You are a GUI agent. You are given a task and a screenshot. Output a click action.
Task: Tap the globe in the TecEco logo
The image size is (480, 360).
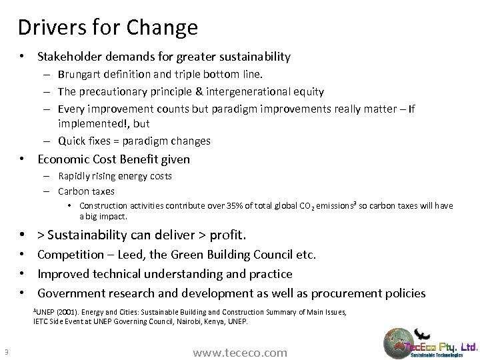[399, 343]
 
